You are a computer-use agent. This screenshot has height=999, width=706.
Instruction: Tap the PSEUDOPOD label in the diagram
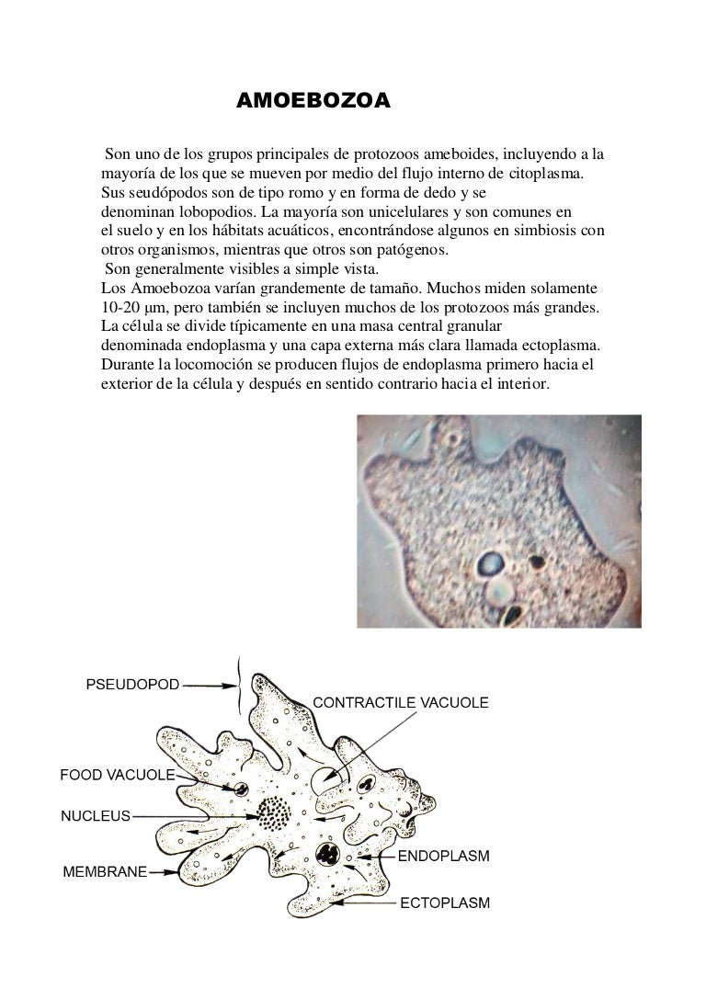click(133, 684)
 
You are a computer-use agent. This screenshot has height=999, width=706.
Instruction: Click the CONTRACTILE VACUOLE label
click(402, 702)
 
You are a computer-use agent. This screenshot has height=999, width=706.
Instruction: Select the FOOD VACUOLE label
click(118, 775)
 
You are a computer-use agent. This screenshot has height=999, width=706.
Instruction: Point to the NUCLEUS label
click(96, 814)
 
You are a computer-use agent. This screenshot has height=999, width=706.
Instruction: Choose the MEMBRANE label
click(104, 871)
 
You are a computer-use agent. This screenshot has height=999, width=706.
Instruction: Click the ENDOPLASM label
click(443, 855)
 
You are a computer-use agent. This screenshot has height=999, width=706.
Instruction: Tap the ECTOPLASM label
click(444, 903)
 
